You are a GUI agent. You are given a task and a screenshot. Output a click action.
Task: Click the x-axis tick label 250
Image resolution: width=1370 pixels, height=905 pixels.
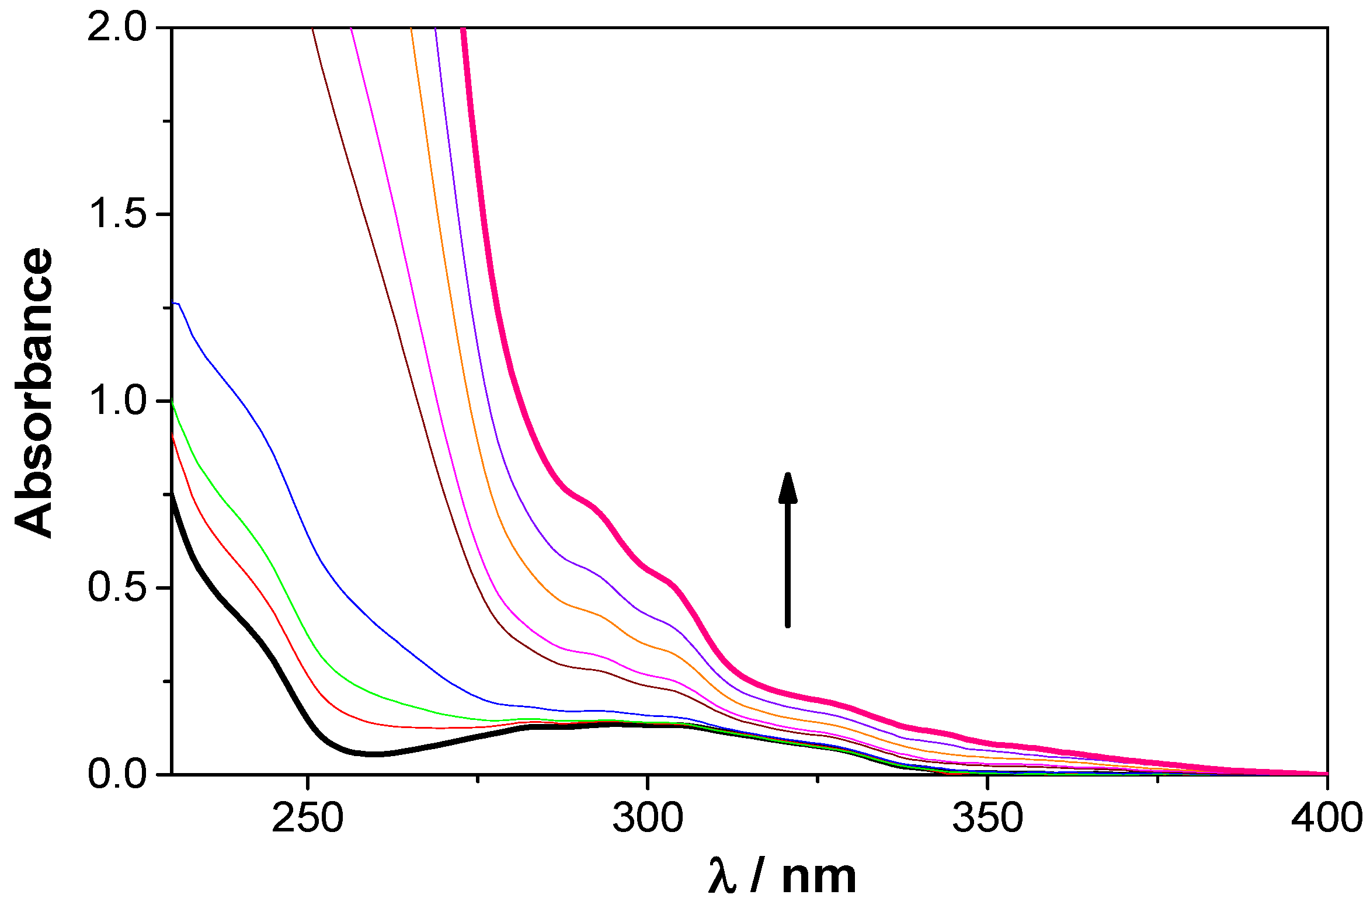coord(307,817)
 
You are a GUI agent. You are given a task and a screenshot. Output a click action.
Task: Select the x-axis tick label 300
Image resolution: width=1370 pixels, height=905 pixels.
coord(647,817)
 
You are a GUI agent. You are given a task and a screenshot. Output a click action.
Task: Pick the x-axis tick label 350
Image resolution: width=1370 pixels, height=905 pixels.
coord(987,817)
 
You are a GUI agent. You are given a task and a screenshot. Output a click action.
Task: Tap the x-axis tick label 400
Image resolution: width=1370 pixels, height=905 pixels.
coord(1326,817)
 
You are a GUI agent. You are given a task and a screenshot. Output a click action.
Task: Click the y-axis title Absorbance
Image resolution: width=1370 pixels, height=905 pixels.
coord(34,392)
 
